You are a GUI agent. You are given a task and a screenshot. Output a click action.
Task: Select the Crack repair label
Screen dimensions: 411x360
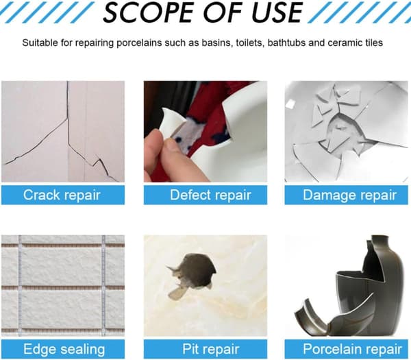pyautogui.click(x=62, y=195)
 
